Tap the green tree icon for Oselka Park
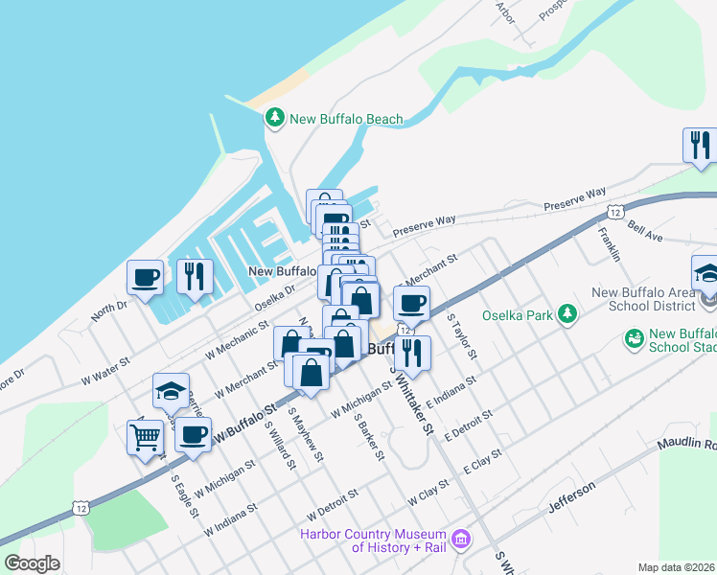click(568, 313)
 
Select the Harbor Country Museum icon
click(461, 540)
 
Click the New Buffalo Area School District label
click(643, 299)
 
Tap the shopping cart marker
click(145, 438)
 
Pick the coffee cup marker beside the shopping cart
click(194, 435)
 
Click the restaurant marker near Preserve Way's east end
click(699, 146)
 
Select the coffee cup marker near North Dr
click(146, 278)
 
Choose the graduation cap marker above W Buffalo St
click(171, 391)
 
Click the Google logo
click(33, 563)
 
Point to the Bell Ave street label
click(645, 233)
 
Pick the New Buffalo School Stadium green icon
click(633, 338)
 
